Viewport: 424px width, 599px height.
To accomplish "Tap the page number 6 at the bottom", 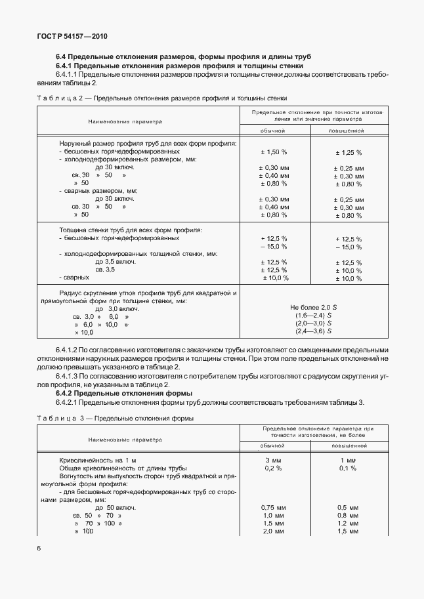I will point(39,547).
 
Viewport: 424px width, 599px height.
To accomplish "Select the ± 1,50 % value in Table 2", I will point(274,152).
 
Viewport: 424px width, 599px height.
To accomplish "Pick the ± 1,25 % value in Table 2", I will point(348,152).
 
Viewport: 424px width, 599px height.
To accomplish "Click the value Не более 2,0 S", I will point(312,307).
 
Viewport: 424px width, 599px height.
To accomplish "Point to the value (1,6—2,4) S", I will point(312,316).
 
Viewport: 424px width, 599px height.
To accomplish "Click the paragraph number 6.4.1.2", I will point(68,350).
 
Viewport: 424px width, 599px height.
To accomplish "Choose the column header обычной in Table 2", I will point(274,131).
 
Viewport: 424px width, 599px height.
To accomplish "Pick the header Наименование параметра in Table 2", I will point(125,121).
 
